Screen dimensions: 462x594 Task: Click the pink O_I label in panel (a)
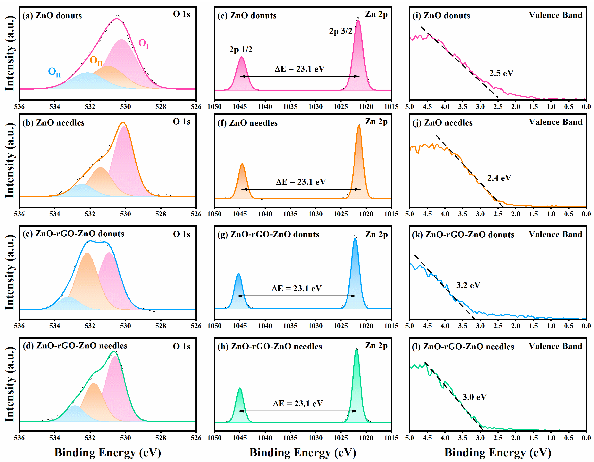click(x=143, y=43)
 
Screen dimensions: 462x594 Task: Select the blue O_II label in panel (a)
click(x=54, y=72)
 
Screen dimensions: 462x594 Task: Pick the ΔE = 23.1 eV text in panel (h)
click(x=298, y=403)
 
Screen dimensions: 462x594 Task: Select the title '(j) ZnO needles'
click(x=443, y=123)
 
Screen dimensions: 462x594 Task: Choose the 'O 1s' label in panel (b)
click(x=181, y=122)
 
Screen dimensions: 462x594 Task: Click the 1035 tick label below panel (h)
click(x=290, y=438)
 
